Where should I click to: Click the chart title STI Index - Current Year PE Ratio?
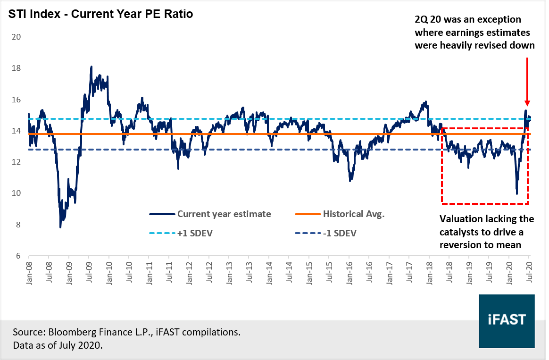pyautogui.click(x=100, y=14)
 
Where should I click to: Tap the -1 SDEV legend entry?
pyautogui.click(x=339, y=233)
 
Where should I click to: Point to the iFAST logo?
pyautogui.click(x=507, y=319)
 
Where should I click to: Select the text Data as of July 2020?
pyautogui.click(x=58, y=345)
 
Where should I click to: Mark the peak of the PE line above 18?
pyautogui.click(x=91, y=67)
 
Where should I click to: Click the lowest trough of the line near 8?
pyautogui.click(x=60, y=227)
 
